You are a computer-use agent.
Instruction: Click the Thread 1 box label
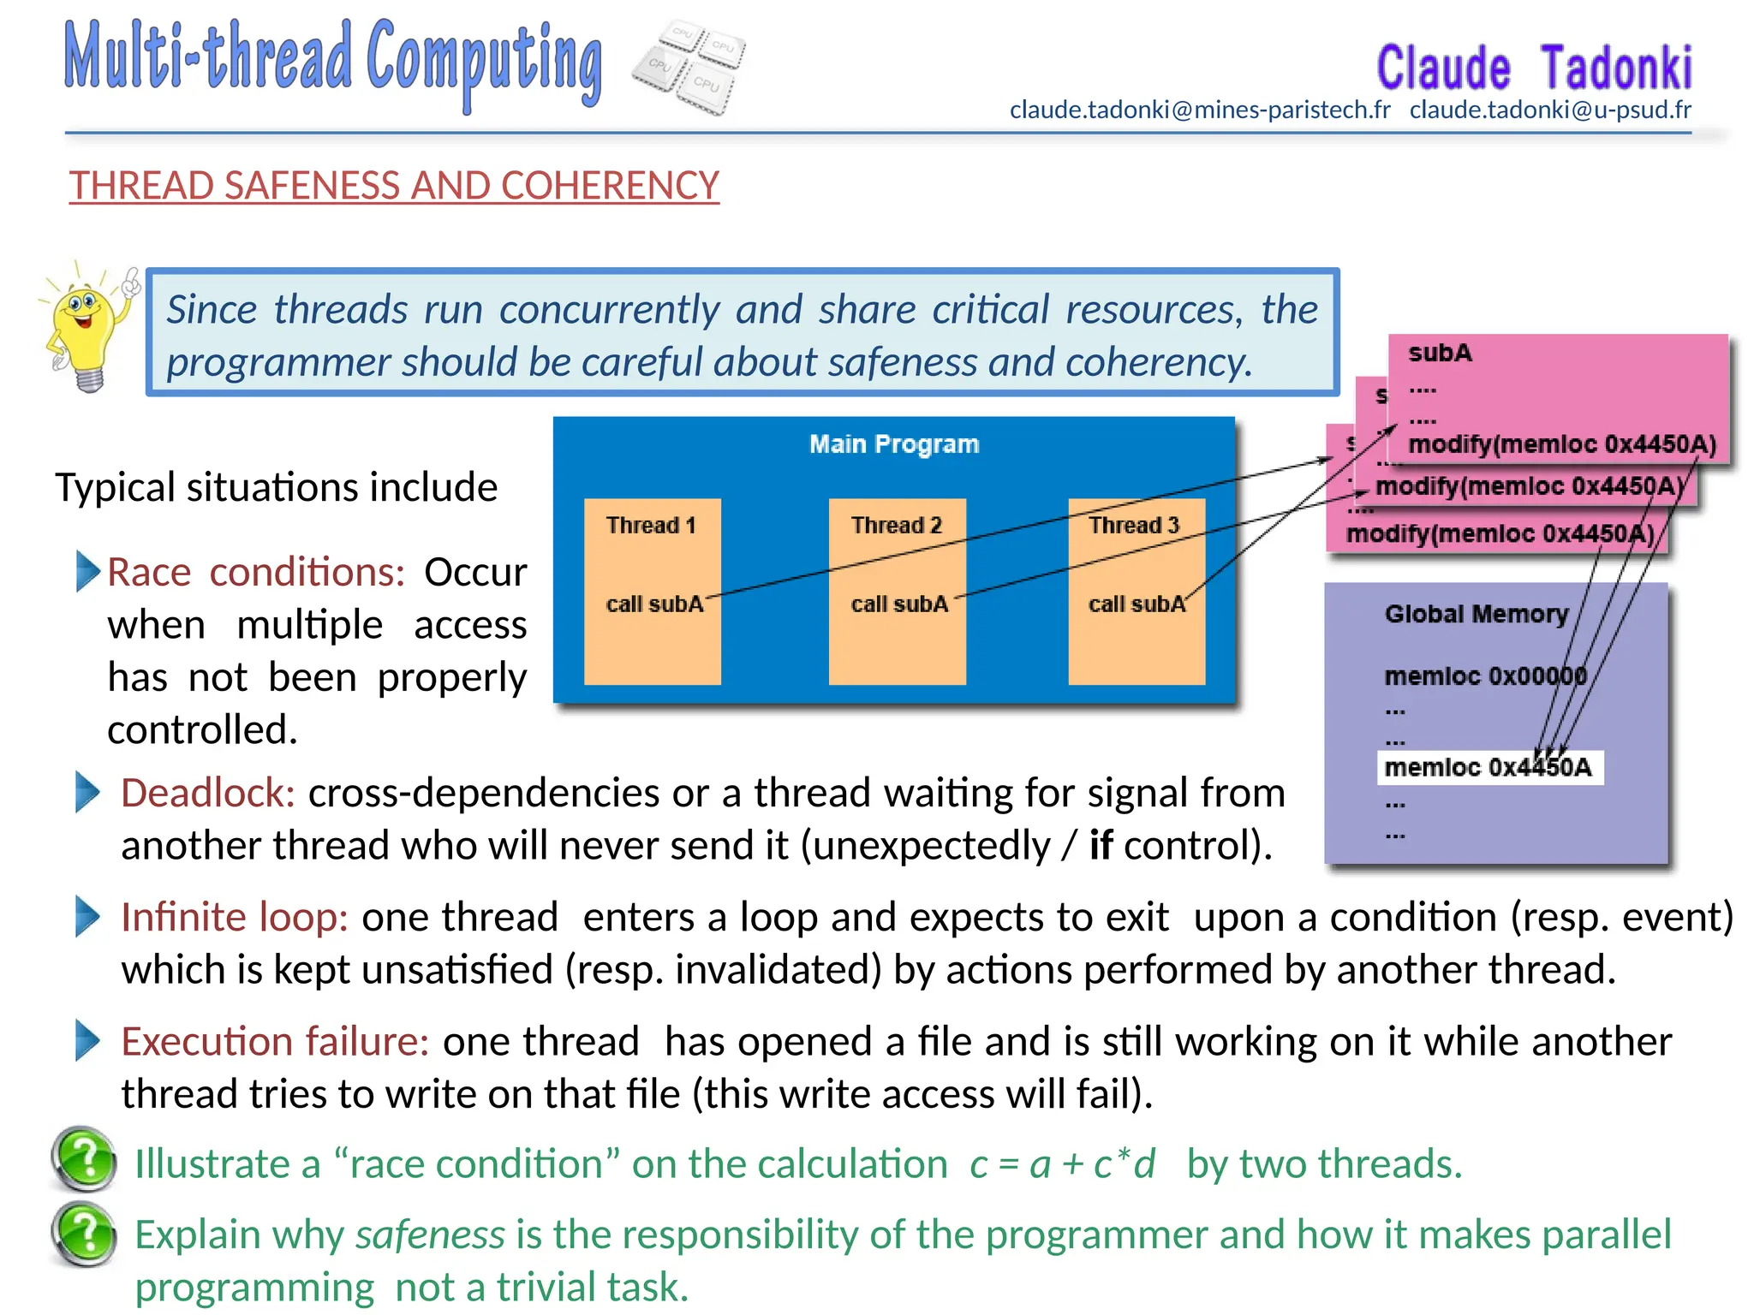[x=651, y=525]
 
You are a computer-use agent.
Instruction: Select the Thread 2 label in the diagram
[x=896, y=525]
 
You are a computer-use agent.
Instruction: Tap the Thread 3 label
[x=1134, y=525]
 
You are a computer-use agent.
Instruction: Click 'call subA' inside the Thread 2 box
[x=899, y=604]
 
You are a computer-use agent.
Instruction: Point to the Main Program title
[x=894, y=444]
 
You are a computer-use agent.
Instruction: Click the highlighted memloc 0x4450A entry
[x=1488, y=767]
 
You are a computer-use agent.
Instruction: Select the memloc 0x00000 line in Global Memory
[x=1485, y=676]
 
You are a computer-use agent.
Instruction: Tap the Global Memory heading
[x=1476, y=614]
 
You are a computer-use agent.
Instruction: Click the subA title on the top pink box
[x=1440, y=353]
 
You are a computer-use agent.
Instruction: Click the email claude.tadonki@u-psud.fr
[x=1550, y=110]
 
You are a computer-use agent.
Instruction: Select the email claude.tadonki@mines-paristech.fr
[x=1199, y=110]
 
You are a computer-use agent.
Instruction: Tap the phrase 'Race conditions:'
[x=255, y=572]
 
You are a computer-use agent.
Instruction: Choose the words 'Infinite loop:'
[x=234, y=917]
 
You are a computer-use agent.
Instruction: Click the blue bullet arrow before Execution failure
[x=87, y=1040]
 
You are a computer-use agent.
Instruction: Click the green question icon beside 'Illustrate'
[x=84, y=1160]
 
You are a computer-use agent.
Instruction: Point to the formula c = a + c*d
[x=1062, y=1164]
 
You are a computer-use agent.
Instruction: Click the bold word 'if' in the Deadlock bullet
[x=1100, y=846]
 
